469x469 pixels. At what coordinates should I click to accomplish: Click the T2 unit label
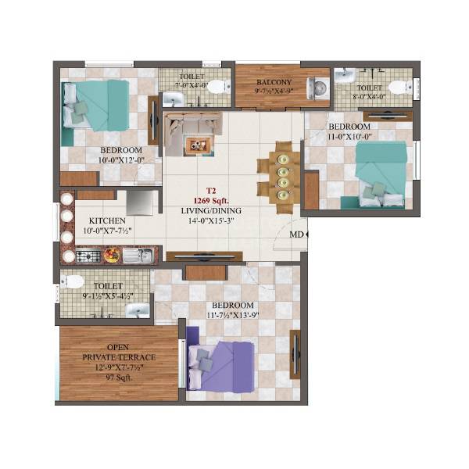(209, 190)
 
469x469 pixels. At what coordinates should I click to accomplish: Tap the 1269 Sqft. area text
(209, 200)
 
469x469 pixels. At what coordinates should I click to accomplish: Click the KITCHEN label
(107, 221)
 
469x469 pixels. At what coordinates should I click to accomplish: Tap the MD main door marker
(297, 234)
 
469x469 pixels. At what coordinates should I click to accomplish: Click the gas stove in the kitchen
(87, 255)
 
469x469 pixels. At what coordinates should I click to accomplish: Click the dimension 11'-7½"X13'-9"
(231, 316)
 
